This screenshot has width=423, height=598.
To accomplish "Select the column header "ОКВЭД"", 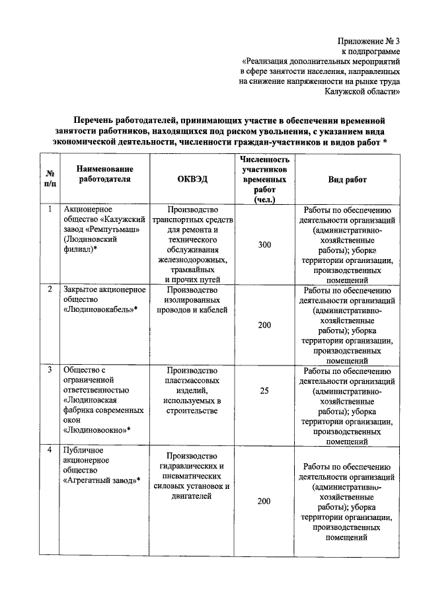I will pos(191,180).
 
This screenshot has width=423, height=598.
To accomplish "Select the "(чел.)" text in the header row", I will pos(264,200).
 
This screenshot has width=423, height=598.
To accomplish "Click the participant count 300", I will pos(264,245).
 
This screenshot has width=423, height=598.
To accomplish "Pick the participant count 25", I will pos(264,391).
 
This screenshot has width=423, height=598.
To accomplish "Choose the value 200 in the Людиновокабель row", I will pos(264,326).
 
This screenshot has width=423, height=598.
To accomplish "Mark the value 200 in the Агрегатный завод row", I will pos(264,502).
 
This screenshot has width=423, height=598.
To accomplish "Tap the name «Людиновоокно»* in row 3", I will pos(96,430).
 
